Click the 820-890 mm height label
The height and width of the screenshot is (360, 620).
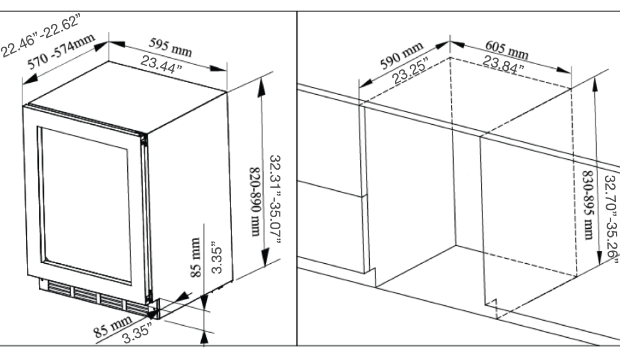(255, 202)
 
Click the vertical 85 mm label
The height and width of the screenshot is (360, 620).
(195, 257)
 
